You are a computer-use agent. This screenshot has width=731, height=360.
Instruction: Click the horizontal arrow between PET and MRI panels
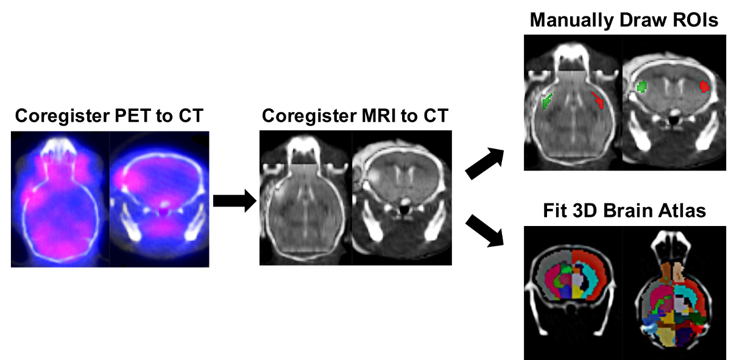click(x=234, y=200)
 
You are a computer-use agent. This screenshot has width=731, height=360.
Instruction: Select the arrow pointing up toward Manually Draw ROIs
click(x=486, y=164)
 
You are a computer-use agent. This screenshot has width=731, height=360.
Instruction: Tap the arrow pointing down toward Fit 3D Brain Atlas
click(x=486, y=231)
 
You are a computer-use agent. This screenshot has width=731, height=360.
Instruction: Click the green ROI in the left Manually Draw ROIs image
click(x=548, y=99)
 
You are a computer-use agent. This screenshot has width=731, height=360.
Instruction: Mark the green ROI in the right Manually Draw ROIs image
click(x=641, y=87)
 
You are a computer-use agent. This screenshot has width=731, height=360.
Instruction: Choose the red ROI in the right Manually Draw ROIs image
click(x=705, y=86)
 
